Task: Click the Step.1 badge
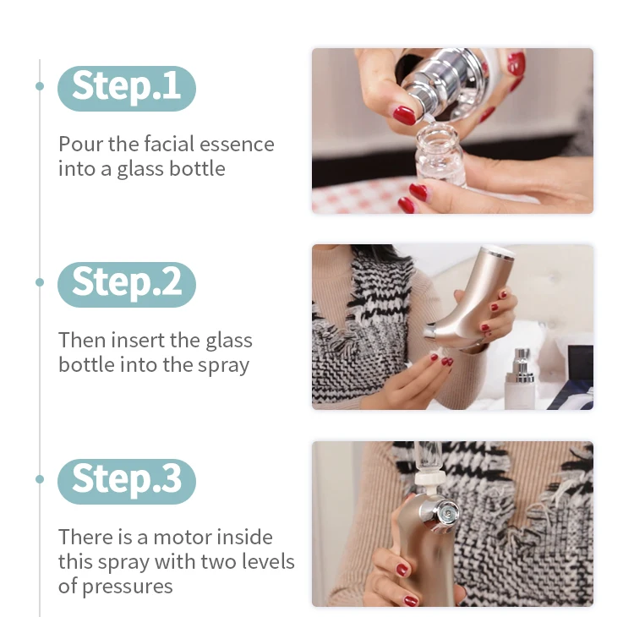click(127, 88)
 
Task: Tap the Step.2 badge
click(127, 284)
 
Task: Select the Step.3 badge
click(127, 481)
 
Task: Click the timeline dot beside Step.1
click(40, 86)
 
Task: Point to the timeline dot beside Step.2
click(40, 282)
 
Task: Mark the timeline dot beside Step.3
click(40, 479)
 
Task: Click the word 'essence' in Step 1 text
click(237, 145)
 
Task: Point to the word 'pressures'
click(128, 587)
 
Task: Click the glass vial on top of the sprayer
click(428, 459)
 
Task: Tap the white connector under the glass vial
click(428, 481)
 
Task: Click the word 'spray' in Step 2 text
click(223, 366)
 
